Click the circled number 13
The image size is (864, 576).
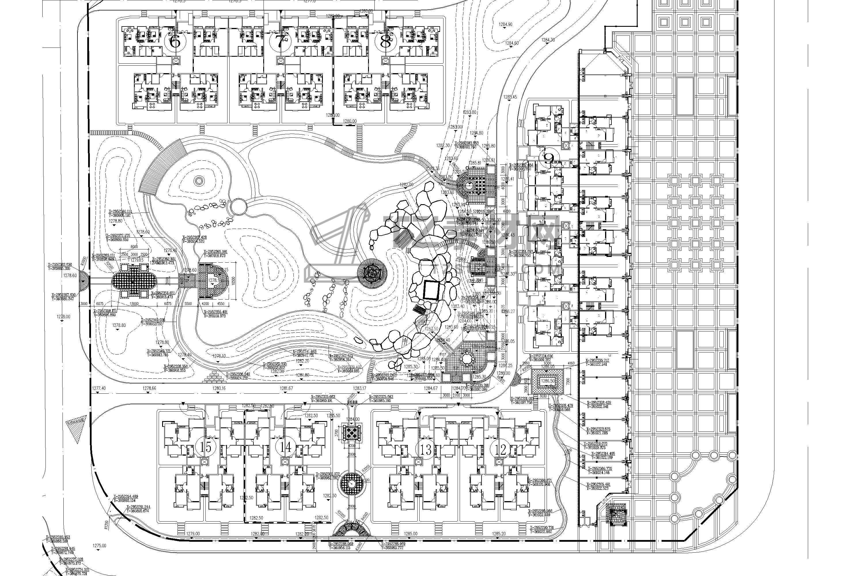pyautogui.click(x=426, y=450)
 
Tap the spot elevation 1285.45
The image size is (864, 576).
pyautogui.click(x=510, y=97)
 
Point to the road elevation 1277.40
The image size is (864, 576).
pyautogui.click(x=99, y=388)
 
